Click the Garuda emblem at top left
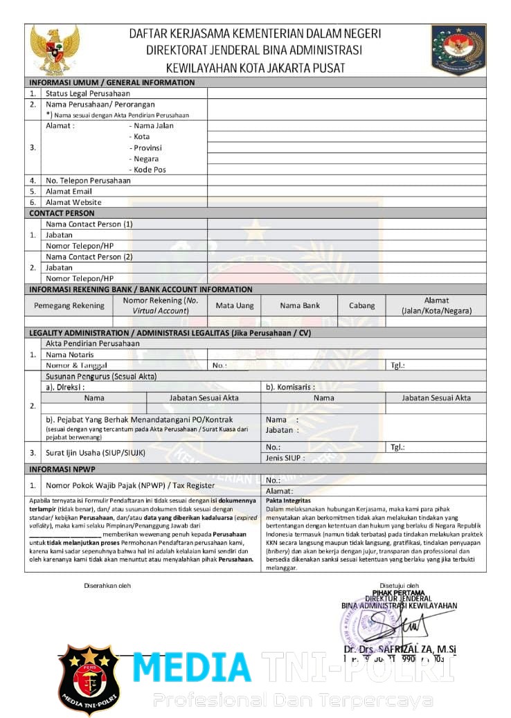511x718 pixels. pyautogui.click(x=55, y=50)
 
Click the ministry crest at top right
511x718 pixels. pyautogui.click(x=458, y=50)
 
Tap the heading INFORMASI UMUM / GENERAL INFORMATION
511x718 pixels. pyautogui.click(x=112, y=82)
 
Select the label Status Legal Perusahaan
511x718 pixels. pyautogui.click(x=88, y=93)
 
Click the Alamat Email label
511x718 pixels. pyautogui.click(x=69, y=191)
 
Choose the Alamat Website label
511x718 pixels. pyautogui.click(x=73, y=202)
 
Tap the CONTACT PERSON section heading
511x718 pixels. pyautogui.click(x=62, y=213)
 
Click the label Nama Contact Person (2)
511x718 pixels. pyautogui.click(x=89, y=257)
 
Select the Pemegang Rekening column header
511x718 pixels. pyautogui.click(x=69, y=305)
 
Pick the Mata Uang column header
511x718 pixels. pyautogui.click(x=235, y=305)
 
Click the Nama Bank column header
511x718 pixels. pyautogui.click(x=300, y=305)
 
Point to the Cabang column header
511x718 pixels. pyautogui.click(x=361, y=305)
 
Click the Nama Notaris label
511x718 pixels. pyautogui.click(x=70, y=354)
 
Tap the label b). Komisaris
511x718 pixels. pyautogui.click(x=291, y=387)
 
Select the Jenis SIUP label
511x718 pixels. pyautogui.click(x=285, y=458)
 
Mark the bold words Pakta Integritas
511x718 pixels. pyautogui.click(x=288, y=500)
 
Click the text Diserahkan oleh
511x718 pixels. pyautogui.click(x=107, y=585)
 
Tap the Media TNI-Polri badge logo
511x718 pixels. pyautogui.click(x=88, y=679)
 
